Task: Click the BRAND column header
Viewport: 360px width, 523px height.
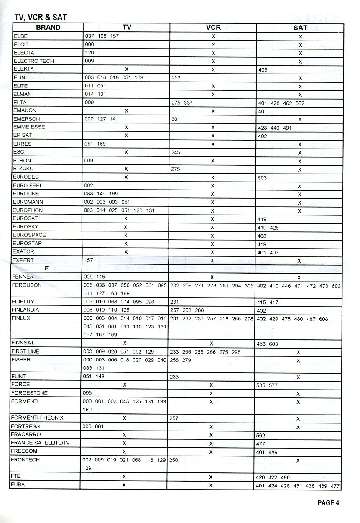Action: click(48, 28)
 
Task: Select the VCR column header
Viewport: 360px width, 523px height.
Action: click(213, 28)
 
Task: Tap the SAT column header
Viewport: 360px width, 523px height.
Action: click(300, 28)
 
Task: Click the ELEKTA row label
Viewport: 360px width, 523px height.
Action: click(24, 69)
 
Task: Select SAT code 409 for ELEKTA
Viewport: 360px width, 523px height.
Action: click(263, 70)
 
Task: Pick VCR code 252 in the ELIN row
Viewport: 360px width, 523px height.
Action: click(176, 78)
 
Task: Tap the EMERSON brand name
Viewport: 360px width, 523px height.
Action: click(27, 119)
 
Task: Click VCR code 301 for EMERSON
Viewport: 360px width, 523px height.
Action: click(176, 119)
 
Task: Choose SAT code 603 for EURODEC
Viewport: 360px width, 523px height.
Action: click(263, 178)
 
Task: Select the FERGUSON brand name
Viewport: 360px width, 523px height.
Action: click(28, 285)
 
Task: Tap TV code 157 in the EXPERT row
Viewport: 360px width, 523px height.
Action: click(89, 260)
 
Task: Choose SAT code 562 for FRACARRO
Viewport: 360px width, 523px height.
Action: click(261, 436)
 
